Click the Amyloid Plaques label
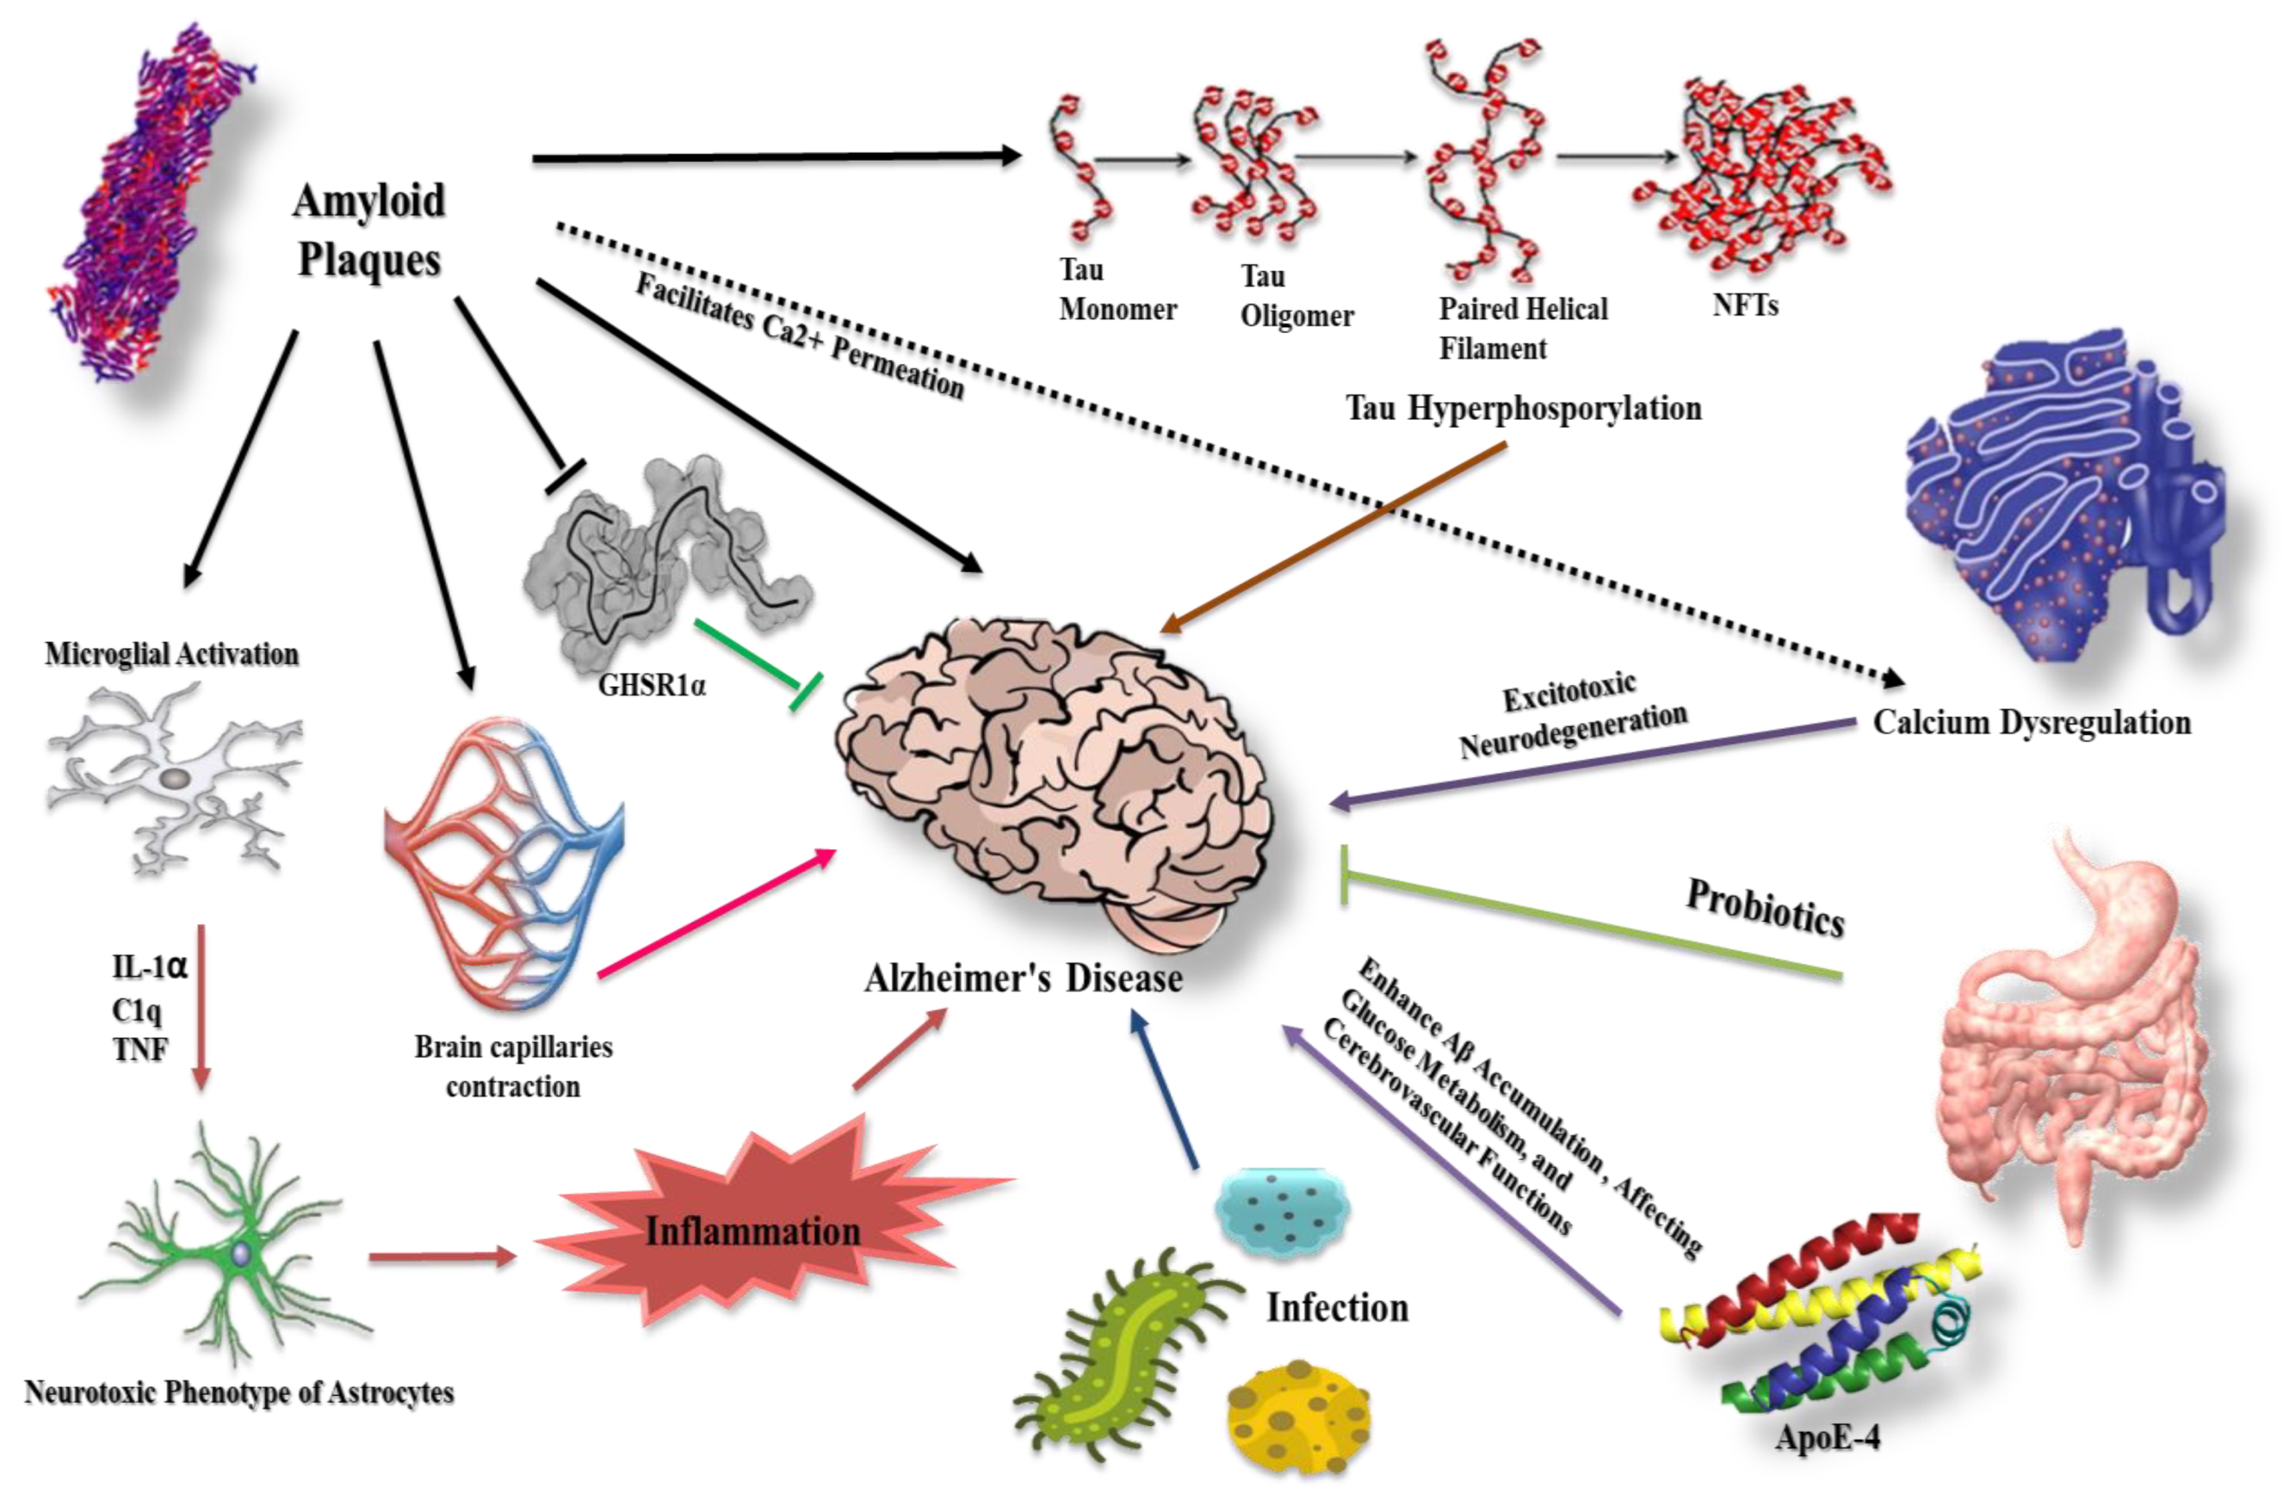click(x=368, y=230)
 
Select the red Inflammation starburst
click(x=752, y=1230)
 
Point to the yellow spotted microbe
click(x=1297, y=1416)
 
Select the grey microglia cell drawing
click(x=174, y=776)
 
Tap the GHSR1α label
click(x=652, y=686)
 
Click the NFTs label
click(x=1744, y=305)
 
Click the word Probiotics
click(x=1765, y=909)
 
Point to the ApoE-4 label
click(x=1828, y=1438)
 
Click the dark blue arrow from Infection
click(x=1164, y=1089)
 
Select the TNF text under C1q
click(x=141, y=1049)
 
